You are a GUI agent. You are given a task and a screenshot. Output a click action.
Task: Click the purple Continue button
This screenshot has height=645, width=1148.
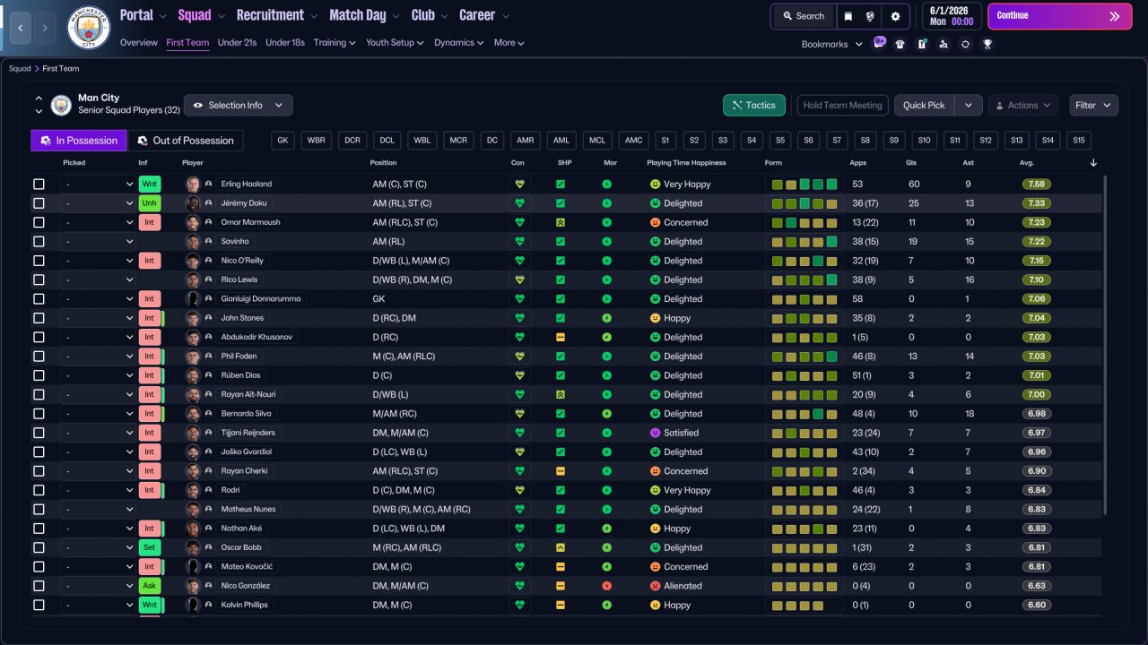coord(1059,16)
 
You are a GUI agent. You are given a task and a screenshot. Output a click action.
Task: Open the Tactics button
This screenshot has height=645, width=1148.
coord(754,105)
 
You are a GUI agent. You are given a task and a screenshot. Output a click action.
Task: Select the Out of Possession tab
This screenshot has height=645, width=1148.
coord(186,141)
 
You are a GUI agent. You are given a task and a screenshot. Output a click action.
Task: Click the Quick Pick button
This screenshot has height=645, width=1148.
coord(924,105)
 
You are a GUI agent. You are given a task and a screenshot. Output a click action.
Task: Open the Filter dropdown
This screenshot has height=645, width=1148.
coord(1093,105)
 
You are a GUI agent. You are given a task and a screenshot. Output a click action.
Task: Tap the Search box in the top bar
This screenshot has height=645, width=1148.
coord(804,16)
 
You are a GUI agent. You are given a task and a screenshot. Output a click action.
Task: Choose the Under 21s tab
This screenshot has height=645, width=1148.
coord(237,42)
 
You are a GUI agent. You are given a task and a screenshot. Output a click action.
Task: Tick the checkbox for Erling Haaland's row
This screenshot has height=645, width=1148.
coord(39,184)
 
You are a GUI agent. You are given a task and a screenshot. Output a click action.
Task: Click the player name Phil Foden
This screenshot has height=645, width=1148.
coord(239,356)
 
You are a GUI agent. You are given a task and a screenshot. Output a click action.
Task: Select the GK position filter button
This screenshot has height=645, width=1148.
coord(283,141)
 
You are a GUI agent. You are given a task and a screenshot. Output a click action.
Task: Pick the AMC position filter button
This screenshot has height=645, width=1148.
coord(633,141)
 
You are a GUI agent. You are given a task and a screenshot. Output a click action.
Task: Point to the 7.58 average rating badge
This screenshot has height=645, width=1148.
coord(1036,184)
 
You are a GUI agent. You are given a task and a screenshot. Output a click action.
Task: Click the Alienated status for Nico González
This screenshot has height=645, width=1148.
coord(683,586)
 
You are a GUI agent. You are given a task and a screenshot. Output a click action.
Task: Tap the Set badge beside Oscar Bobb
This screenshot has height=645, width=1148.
coord(149,547)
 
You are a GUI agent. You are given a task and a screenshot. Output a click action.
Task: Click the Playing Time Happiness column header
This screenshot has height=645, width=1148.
coord(686,163)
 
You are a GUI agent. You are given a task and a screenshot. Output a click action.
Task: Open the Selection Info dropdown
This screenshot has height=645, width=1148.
coord(239,105)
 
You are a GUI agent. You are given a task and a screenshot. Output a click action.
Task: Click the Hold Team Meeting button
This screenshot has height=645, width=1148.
coord(842,105)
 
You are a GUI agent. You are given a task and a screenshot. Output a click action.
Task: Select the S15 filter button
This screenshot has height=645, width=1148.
coord(1079,141)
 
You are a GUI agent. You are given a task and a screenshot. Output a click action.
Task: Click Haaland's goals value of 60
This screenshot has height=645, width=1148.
coord(914,184)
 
